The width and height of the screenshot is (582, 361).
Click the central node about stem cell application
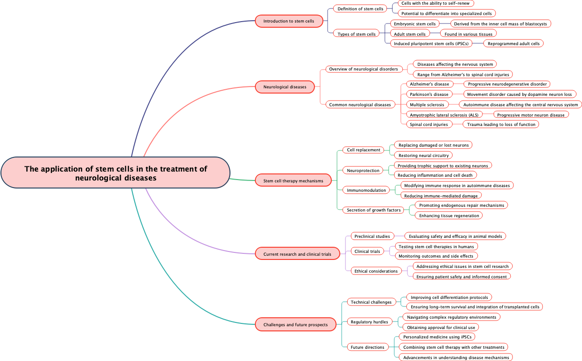[x=115, y=173]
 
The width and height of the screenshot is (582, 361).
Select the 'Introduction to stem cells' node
[x=289, y=21]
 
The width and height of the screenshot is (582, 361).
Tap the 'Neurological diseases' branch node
[x=284, y=87]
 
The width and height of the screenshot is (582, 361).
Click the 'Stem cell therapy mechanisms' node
[x=293, y=180]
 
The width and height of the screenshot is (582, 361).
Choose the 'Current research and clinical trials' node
[x=297, y=254]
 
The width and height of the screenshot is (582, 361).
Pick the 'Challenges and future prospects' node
[x=295, y=325]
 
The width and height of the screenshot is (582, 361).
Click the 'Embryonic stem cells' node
[x=415, y=24]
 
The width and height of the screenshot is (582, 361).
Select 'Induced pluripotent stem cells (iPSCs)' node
[x=431, y=44]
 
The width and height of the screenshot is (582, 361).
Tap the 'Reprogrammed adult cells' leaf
[x=513, y=44]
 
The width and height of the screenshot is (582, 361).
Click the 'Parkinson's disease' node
[x=429, y=94]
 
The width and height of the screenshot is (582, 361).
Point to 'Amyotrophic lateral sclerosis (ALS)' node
[x=444, y=115]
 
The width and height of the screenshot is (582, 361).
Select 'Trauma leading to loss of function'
[x=501, y=125]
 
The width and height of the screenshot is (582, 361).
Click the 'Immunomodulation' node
[x=367, y=190]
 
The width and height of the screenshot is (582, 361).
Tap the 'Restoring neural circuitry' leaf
[x=423, y=156]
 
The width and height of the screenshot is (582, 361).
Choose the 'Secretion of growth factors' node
[x=374, y=210]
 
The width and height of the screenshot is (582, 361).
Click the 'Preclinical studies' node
[x=372, y=236]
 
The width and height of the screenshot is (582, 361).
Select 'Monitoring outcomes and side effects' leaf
[x=436, y=256]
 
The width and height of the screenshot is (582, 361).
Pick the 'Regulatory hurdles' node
[x=369, y=322]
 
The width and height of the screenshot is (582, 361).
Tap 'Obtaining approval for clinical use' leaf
[x=441, y=328]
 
